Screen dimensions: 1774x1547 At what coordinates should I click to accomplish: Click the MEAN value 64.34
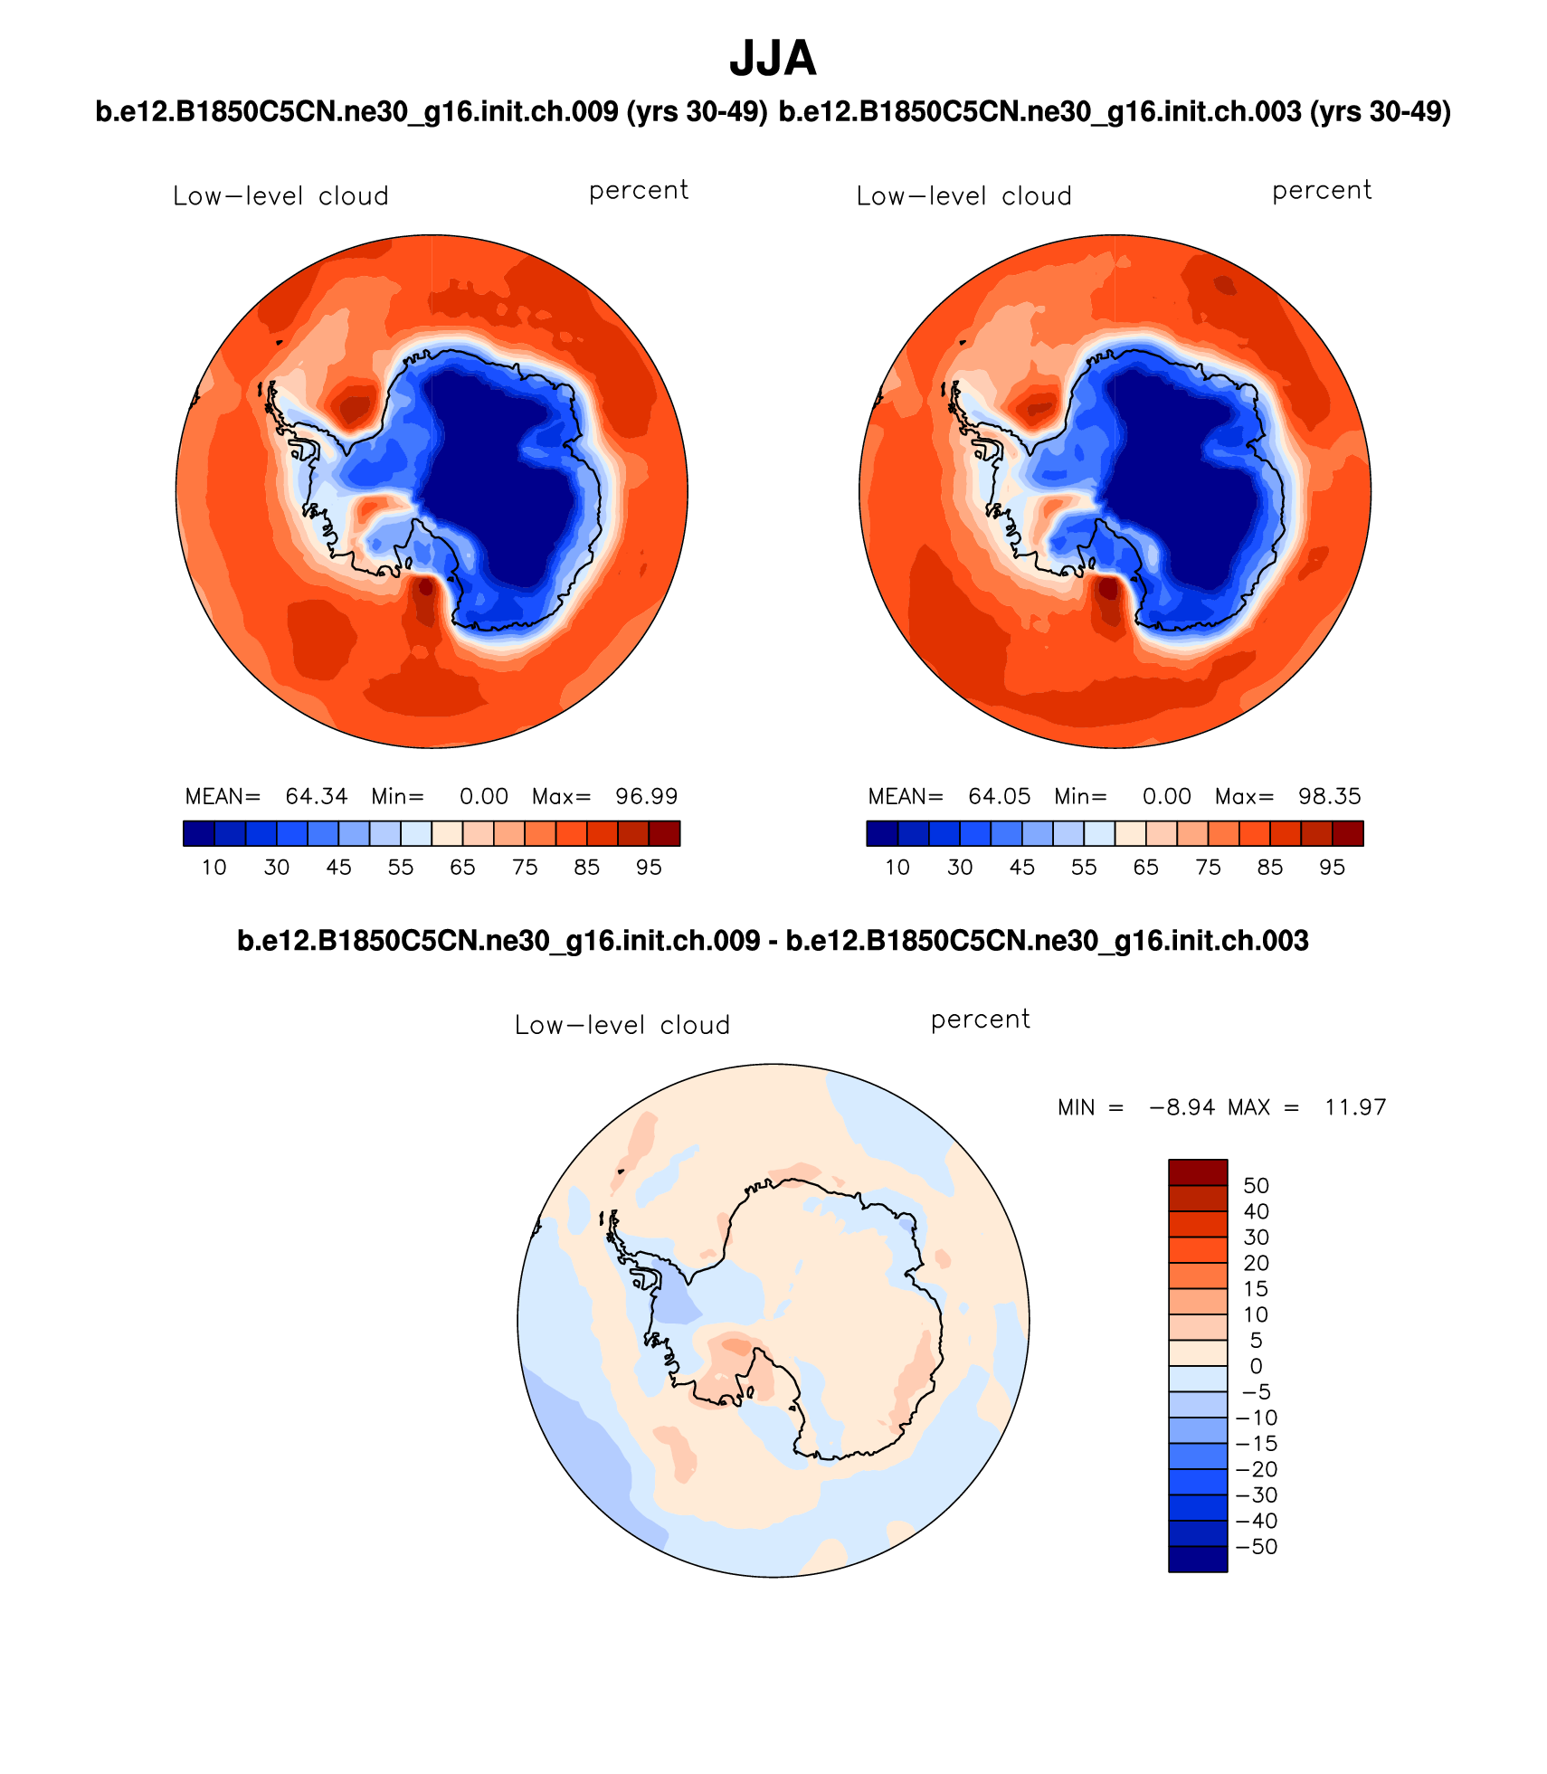(316, 796)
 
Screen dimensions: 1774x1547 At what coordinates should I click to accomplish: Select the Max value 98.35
(1329, 796)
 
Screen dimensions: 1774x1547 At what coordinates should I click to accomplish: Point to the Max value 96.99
(646, 796)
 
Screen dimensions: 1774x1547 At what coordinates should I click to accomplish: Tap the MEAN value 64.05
(999, 796)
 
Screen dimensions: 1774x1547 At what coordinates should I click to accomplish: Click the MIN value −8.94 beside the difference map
(1182, 1107)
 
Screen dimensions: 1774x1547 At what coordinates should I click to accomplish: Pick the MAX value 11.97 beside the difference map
(1355, 1107)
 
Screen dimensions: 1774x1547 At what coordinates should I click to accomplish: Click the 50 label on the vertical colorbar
(1256, 1185)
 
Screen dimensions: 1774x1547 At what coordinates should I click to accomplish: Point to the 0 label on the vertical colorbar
(1256, 1366)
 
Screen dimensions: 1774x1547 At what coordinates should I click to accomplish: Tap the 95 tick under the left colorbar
(649, 868)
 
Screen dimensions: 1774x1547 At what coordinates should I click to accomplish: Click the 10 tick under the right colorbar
(897, 868)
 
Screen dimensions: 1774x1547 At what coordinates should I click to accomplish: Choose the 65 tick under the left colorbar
(462, 868)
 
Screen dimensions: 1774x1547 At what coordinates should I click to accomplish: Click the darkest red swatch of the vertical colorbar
(1198, 1172)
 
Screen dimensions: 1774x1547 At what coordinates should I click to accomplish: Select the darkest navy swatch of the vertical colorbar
(1198, 1559)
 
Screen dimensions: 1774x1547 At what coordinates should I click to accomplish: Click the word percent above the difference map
(980, 1020)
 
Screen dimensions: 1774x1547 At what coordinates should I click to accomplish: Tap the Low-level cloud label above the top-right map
(963, 196)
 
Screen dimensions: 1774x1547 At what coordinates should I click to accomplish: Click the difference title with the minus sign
(773, 941)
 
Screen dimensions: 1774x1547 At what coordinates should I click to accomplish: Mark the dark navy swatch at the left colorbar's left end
(199, 833)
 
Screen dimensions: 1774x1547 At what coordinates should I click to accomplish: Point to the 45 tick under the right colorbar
(1021, 868)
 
